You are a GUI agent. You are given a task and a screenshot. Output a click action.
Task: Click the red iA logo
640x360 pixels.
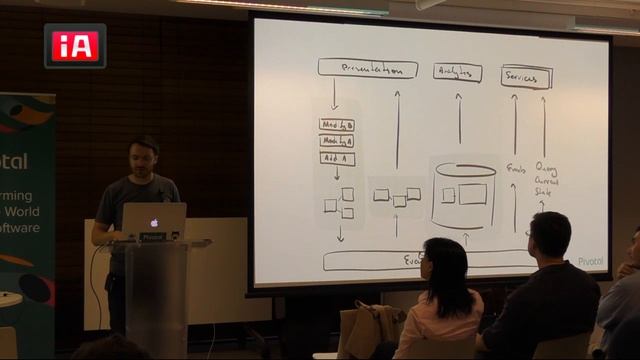tap(75, 45)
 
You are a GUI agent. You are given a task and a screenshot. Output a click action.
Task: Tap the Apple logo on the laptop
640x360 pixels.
tap(154, 220)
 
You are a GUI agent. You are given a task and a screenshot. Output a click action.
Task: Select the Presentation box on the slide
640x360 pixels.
tap(367, 69)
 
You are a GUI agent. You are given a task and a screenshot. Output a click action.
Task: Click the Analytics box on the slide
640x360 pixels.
tap(458, 72)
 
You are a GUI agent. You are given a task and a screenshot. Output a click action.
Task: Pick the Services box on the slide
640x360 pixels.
tap(525, 76)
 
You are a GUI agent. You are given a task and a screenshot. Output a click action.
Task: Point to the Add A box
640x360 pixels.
tap(337, 158)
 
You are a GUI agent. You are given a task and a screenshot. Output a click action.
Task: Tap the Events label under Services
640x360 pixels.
tap(516, 169)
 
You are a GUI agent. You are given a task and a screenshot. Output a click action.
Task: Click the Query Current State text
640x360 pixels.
tap(546, 180)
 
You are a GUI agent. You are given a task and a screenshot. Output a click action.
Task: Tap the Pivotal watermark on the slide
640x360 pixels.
tap(590, 262)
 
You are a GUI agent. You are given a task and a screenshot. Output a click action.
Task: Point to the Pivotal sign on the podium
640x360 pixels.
tap(152, 237)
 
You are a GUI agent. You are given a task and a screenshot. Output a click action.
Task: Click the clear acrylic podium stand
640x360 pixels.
tap(155, 295)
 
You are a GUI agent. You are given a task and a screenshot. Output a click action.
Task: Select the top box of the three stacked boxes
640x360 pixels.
tap(337, 124)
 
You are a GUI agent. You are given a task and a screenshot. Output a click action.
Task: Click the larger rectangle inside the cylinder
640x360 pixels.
tap(472, 194)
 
